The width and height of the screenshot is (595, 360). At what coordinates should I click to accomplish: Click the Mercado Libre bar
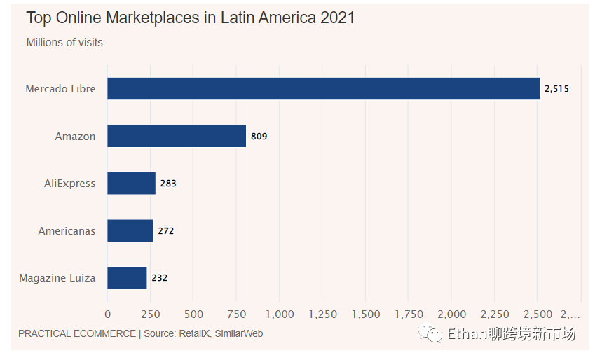(x=323, y=89)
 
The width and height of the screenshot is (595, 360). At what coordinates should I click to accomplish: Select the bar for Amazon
(x=177, y=136)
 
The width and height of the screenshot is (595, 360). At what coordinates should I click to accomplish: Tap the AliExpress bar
(x=131, y=184)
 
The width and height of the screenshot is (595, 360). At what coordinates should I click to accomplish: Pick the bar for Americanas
(x=130, y=230)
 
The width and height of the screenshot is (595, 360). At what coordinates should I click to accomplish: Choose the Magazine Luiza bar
(x=127, y=277)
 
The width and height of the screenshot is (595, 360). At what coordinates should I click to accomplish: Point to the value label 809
(x=259, y=137)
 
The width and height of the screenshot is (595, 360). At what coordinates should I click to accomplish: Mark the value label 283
(x=167, y=184)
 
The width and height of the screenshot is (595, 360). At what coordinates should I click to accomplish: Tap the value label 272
(x=165, y=230)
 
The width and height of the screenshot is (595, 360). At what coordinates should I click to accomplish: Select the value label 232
(x=159, y=278)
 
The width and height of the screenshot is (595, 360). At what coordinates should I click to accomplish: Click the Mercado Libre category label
(x=60, y=89)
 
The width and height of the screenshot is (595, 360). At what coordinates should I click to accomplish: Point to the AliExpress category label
(x=69, y=184)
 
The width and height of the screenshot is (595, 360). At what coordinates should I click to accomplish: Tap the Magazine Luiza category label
(x=57, y=278)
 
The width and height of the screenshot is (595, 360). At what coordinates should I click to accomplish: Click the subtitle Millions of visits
(x=64, y=43)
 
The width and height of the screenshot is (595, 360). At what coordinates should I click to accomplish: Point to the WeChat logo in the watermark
(x=430, y=334)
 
